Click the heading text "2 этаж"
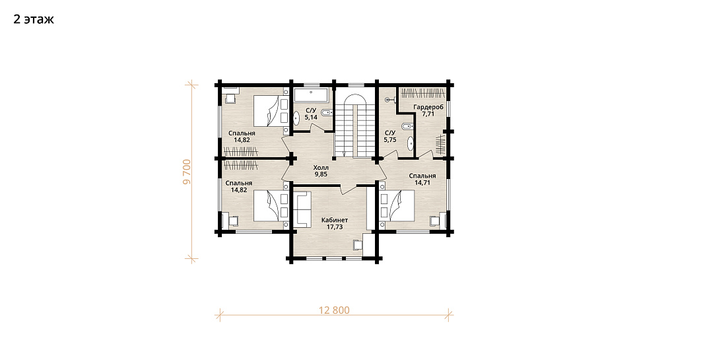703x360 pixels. pyautogui.click(x=34, y=19)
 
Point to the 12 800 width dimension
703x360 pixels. pyautogui.click(x=334, y=310)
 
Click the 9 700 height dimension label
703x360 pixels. pyautogui.click(x=187, y=172)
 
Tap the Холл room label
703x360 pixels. pyautogui.click(x=321, y=168)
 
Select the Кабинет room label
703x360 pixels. pyautogui.click(x=335, y=221)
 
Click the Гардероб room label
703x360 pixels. pyautogui.click(x=428, y=107)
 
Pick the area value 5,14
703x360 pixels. pyautogui.click(x=311, y=117)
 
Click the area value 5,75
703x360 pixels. pyautogui.click(x=390, y=139)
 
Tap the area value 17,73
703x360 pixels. pyautogui.click(x=335, y=227)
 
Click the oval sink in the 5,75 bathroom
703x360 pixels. pyautogui.click(x=410, y=144)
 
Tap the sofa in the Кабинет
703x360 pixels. pyautogui.click(x=302, y=209)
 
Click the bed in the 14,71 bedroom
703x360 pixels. pyautogui.click(x=396, y=205)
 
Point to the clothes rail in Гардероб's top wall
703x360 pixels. pyautogui.click(x=422, y=94)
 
